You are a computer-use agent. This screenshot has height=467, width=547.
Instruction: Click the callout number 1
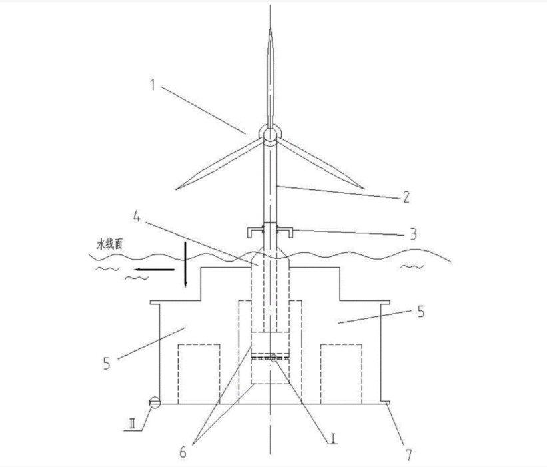(x=153, y=85)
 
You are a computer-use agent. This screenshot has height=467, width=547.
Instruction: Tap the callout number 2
(x=406, y=197)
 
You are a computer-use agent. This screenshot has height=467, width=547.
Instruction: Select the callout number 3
(x=413, y=234)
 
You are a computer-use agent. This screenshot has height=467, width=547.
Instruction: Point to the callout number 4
(x=137, y=217)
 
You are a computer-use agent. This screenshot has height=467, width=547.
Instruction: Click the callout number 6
(x=183, y=452)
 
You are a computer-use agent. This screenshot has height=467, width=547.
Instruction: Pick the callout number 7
(x=408, y=455)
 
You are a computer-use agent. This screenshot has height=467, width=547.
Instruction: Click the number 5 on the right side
(x=421, y=312)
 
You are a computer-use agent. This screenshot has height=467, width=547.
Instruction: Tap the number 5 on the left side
(x=107, y=364)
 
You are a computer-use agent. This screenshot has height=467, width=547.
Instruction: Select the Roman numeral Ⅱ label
(x=132, y=424)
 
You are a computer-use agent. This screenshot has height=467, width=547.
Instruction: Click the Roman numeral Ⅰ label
(x=334, y=438)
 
